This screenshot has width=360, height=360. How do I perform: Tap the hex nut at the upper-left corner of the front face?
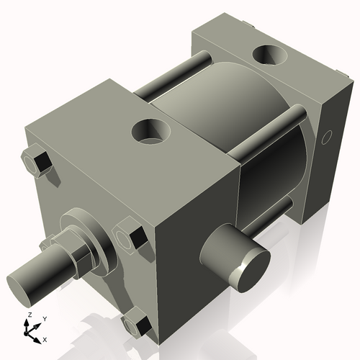pos(37,162)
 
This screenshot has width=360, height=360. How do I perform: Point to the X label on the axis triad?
pos(45,338)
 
